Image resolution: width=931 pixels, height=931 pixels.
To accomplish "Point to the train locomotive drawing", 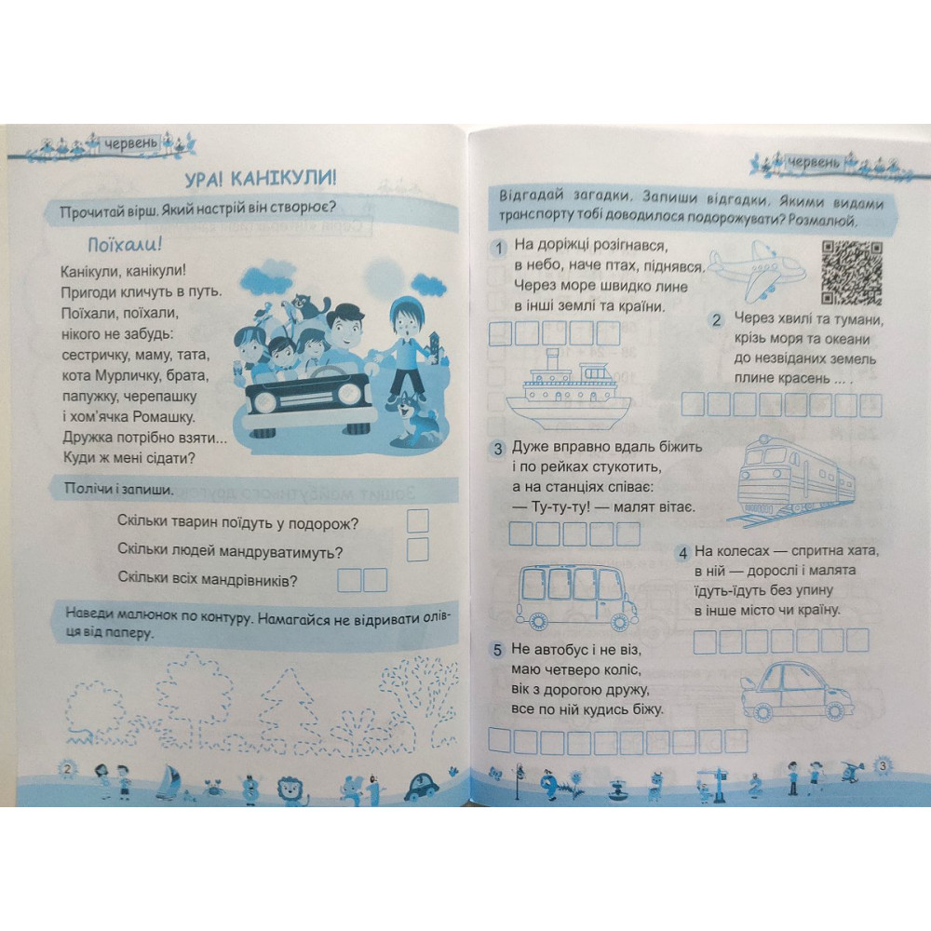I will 795,478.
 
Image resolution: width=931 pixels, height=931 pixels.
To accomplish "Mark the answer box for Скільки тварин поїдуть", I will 418,520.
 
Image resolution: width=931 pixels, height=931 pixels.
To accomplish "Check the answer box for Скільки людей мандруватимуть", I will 418,549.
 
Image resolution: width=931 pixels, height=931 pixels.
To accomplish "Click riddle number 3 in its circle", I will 499,448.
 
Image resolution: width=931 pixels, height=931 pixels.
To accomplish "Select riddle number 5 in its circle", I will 499,649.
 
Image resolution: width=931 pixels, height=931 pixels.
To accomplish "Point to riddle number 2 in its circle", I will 717,320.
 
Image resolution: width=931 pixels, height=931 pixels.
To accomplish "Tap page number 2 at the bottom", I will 67,768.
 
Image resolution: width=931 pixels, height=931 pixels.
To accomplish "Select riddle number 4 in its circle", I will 682,552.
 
